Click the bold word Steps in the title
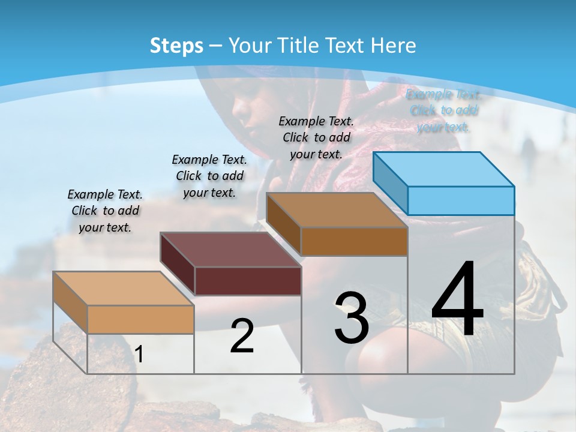[176, 46]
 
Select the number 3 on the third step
[351, 317]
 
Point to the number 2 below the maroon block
[242, 336]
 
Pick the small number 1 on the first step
[139, 355]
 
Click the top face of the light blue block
[444, 169]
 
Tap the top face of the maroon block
[230, 250]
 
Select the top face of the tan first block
[124, 289]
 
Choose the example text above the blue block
[443, 110]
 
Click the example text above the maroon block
[209, 176]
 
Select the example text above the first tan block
[105, 211]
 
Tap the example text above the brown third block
[316, 137]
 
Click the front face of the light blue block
[461, 200]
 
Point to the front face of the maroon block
[248, 281]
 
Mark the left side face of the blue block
[390, 179]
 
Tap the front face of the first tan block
[140, 319]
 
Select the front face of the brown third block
[354, 241]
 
